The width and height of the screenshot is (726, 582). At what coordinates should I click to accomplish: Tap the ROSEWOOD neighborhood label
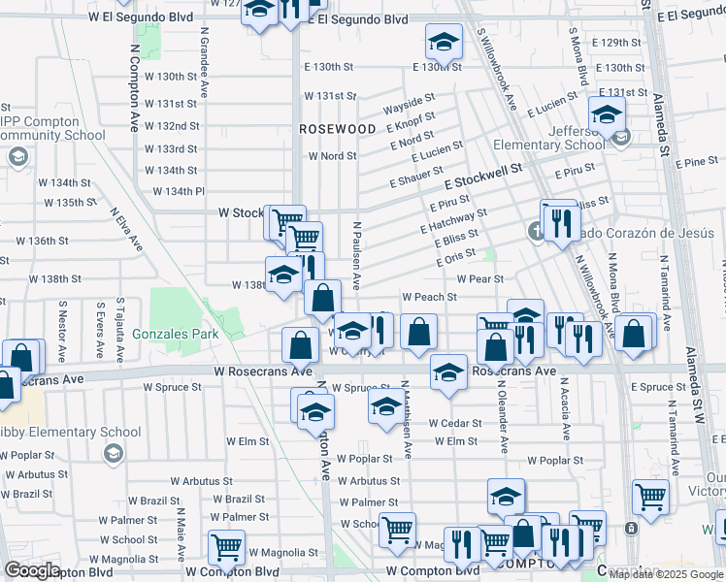coord(337,128)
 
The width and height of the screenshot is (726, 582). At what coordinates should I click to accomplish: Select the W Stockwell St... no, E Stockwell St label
coord(483,176)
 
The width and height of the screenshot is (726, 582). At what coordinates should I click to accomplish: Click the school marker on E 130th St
coord(444,44)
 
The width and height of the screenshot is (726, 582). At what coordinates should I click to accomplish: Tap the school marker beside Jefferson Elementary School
coord(607,117)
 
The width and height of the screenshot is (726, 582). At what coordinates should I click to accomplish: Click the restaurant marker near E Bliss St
coord(559,222)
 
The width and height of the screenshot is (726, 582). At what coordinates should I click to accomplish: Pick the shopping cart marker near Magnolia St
coord(226,545)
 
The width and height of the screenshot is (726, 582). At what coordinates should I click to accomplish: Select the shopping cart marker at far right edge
coord(650,497)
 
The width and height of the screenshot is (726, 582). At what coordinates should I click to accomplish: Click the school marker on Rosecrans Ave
coord(448,374)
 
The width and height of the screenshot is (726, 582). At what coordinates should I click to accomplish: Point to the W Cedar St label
coord(455,423)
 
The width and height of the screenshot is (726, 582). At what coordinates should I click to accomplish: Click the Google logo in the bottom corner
coord(32,570)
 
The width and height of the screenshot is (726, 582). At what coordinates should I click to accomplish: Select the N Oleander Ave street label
coord(504,428)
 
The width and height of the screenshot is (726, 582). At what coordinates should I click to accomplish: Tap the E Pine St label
coord(699,161)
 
